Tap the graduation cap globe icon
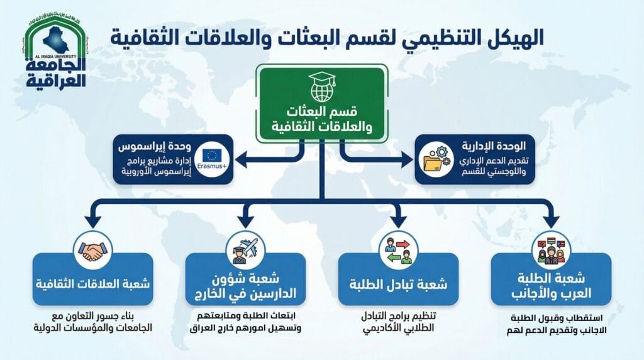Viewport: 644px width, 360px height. [322, 87]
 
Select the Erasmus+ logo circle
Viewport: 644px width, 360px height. [212, 159]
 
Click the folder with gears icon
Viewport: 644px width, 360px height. [436, 159]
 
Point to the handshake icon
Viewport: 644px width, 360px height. [93, 250]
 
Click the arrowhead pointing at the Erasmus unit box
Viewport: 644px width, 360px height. [241, 159]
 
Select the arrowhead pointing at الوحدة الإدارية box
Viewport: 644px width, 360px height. [407, 159]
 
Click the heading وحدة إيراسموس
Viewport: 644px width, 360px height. [155, 147]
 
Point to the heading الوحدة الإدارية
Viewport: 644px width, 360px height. [494, 146]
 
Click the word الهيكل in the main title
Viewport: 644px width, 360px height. [511, 37]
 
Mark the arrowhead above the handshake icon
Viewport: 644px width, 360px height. [93, 221]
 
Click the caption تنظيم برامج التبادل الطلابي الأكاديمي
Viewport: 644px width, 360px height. [398, 322]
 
